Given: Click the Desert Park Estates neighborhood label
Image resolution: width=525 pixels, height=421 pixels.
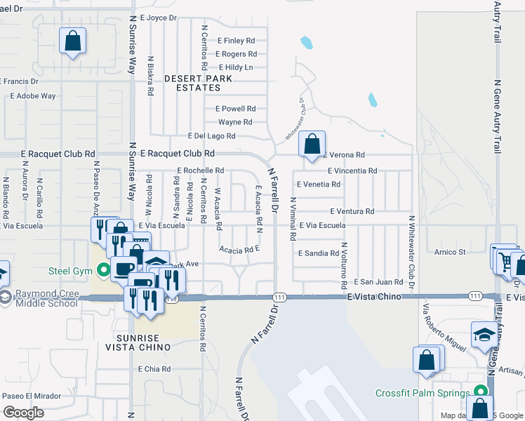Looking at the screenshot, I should [192, 83].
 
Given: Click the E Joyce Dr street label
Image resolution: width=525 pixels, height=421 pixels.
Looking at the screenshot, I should [159, 18].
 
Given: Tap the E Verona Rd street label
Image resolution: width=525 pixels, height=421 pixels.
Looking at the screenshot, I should [346, 154].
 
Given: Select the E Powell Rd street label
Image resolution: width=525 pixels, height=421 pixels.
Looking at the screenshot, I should [235, 109].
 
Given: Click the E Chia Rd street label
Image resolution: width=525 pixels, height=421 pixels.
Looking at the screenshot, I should [154, 368].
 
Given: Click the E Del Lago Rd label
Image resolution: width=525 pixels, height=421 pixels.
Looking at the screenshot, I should [211, 135].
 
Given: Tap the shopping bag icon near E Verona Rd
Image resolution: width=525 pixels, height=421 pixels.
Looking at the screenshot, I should [312, 144].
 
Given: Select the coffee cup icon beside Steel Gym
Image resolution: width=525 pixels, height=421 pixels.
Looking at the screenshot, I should [124, 268].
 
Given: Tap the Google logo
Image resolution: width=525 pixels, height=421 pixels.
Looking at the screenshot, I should [23, 413].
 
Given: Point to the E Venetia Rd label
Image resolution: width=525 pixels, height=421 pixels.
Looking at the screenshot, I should [319, 185].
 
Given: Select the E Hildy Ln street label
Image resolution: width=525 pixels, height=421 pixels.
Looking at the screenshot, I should [236, 67].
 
